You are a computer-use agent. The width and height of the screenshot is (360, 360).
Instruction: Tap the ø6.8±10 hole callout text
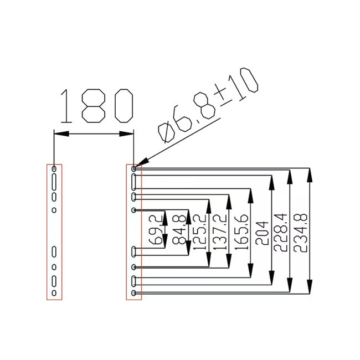click(x=208, y=105)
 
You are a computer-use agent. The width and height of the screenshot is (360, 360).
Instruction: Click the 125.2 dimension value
click(x=200, y=232)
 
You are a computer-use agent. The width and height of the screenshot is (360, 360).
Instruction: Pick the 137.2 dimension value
click(x=220, y=232)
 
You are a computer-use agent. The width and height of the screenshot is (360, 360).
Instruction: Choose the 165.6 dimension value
click(x=241, y=232)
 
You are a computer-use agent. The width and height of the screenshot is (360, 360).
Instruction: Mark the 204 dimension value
click(x=262, y=233)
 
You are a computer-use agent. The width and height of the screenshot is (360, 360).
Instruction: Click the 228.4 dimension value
click(x=281, y=233)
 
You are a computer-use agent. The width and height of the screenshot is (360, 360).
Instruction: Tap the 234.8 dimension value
click(x=300, y=233)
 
